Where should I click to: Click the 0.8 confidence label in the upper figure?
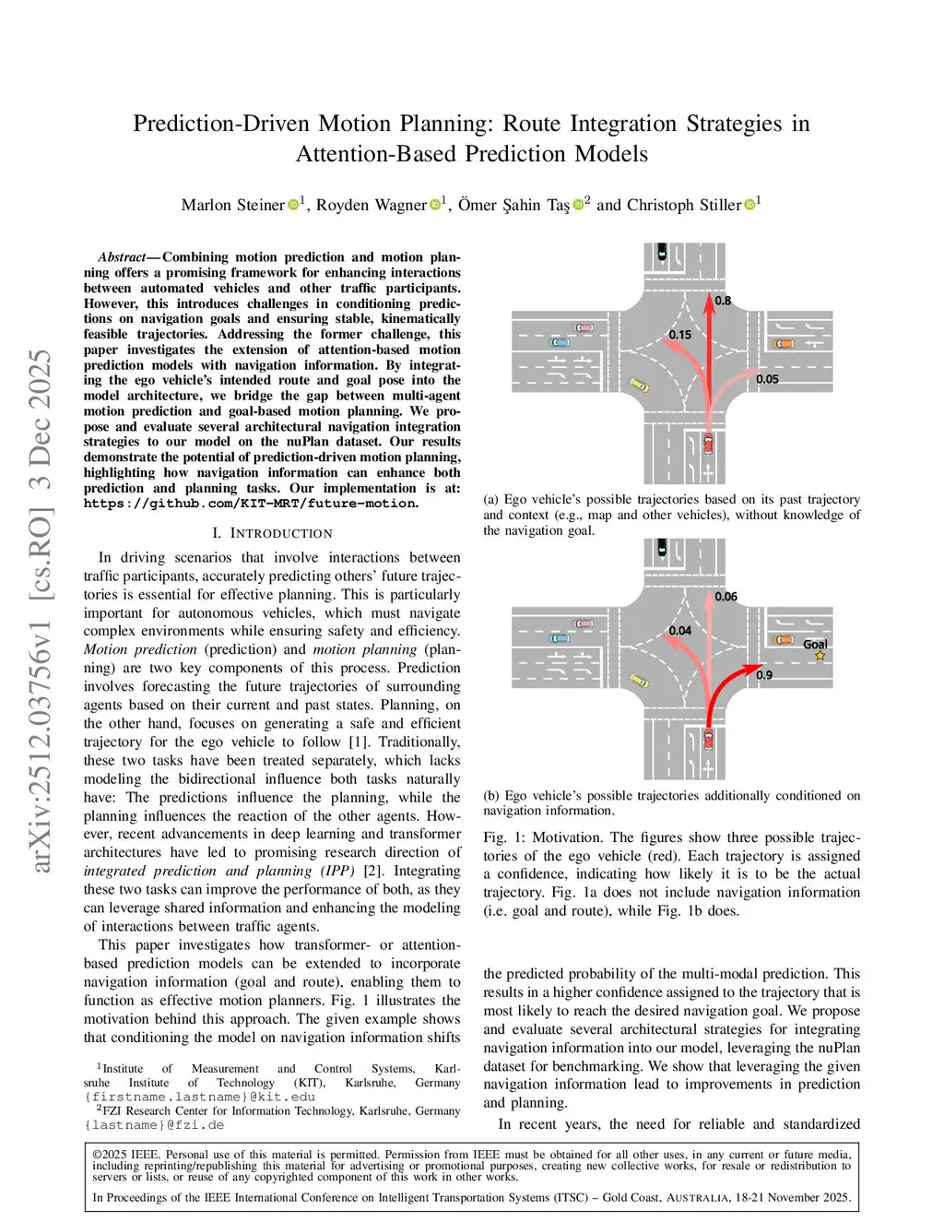point(723,301)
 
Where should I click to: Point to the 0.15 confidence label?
point(680,335)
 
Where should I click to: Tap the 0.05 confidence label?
point(767,379)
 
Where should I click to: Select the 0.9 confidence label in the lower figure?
point(764,675)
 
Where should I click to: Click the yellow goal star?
point(820,656)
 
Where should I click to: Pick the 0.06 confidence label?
point(726,597)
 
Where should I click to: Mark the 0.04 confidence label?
point(680,631)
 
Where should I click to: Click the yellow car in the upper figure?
point(638,385)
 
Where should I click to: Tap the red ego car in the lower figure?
point(708,740)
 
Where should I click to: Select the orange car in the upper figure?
point(783,344)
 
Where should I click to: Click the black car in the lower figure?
point(662,550)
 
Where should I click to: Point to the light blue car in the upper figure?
point(560,343)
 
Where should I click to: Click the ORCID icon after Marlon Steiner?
point(293,204)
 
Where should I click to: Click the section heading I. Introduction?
point(272,533)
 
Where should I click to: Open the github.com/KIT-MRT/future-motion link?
point(251,504)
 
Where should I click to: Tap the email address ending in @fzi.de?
point(155,1125)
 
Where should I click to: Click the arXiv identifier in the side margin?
point(41,609)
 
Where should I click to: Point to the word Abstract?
point(122,257)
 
